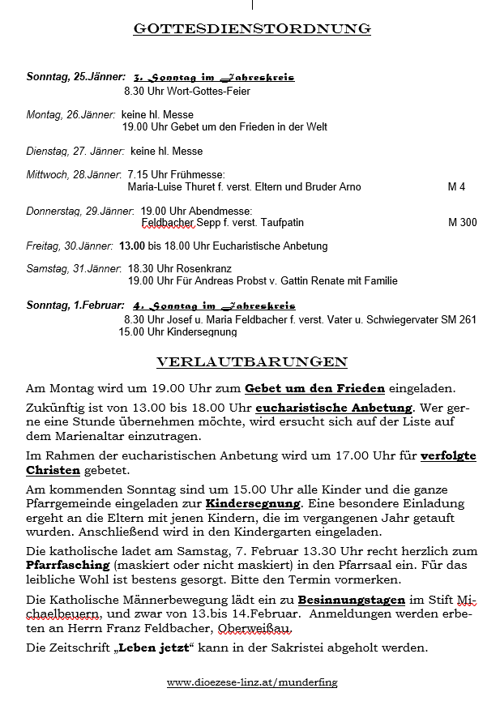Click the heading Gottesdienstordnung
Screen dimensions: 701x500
click(x=252, y=29)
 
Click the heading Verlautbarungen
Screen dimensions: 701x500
click(x=251, y=361)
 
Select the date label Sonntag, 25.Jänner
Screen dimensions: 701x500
click(x=75, y=77)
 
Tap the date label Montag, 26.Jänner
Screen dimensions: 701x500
click(x=71, y=115)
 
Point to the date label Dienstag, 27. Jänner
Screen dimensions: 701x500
click(x=75, y=151)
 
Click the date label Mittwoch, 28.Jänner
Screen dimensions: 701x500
click(x=74, y=175)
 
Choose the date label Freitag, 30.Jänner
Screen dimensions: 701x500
click(x=70, y=246)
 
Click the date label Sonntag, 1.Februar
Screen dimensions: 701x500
click(x=75, y=306)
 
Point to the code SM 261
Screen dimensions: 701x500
click(x=459, y=319)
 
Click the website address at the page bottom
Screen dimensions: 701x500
click(x=252, y=683)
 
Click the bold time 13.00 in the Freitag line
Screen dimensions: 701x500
click(x=133, y=246)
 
